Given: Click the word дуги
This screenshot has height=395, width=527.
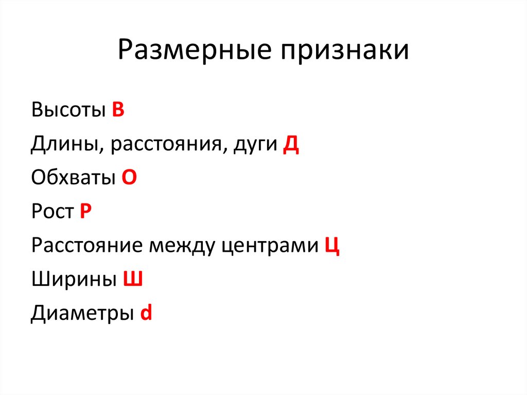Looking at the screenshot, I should (255, 145).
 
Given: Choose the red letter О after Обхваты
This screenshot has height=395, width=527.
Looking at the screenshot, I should (129, 178).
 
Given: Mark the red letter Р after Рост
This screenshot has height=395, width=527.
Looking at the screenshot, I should (85, 212).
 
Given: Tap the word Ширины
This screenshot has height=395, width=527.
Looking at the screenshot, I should (73, 280).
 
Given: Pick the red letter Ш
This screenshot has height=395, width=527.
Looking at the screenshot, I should (132, 280).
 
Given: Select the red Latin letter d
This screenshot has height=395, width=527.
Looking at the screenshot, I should (146, 313).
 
